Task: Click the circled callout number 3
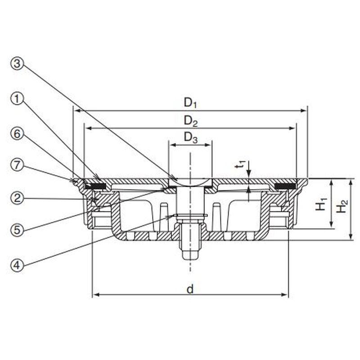[x=17, y=63]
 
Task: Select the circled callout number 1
[x=17, y=99]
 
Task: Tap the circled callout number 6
[x=17, y=134]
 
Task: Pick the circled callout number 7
[x=17, y=165]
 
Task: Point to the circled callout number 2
[x=17, y=198]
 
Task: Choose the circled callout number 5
[x=17, y=229]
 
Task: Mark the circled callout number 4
[x=17, y=265]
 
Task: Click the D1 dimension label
[x=190, y=103]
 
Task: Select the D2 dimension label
[x=190, y=121]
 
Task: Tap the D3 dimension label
[x=190, y=138]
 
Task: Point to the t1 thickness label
[x=241, y=165]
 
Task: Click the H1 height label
[x=321, y=204]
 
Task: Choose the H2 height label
[x=342, y=207]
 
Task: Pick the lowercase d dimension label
[x=190, y=289]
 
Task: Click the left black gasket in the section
[x=94, y=186]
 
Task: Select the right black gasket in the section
[x=285, y=186]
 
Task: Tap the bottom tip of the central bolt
[x=190, y=260]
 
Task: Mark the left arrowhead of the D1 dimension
[x=77, y=111]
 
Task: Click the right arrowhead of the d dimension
[x=285, y=295]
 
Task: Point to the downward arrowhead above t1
[x=249, y=173]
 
